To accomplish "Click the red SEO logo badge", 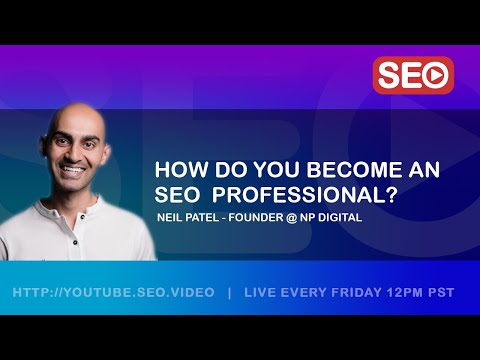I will (x=412, y=75).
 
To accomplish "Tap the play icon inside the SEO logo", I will (x=436, y=75).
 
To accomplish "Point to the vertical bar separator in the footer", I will (x=230, y=293).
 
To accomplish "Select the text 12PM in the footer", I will (x=410, y=293).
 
